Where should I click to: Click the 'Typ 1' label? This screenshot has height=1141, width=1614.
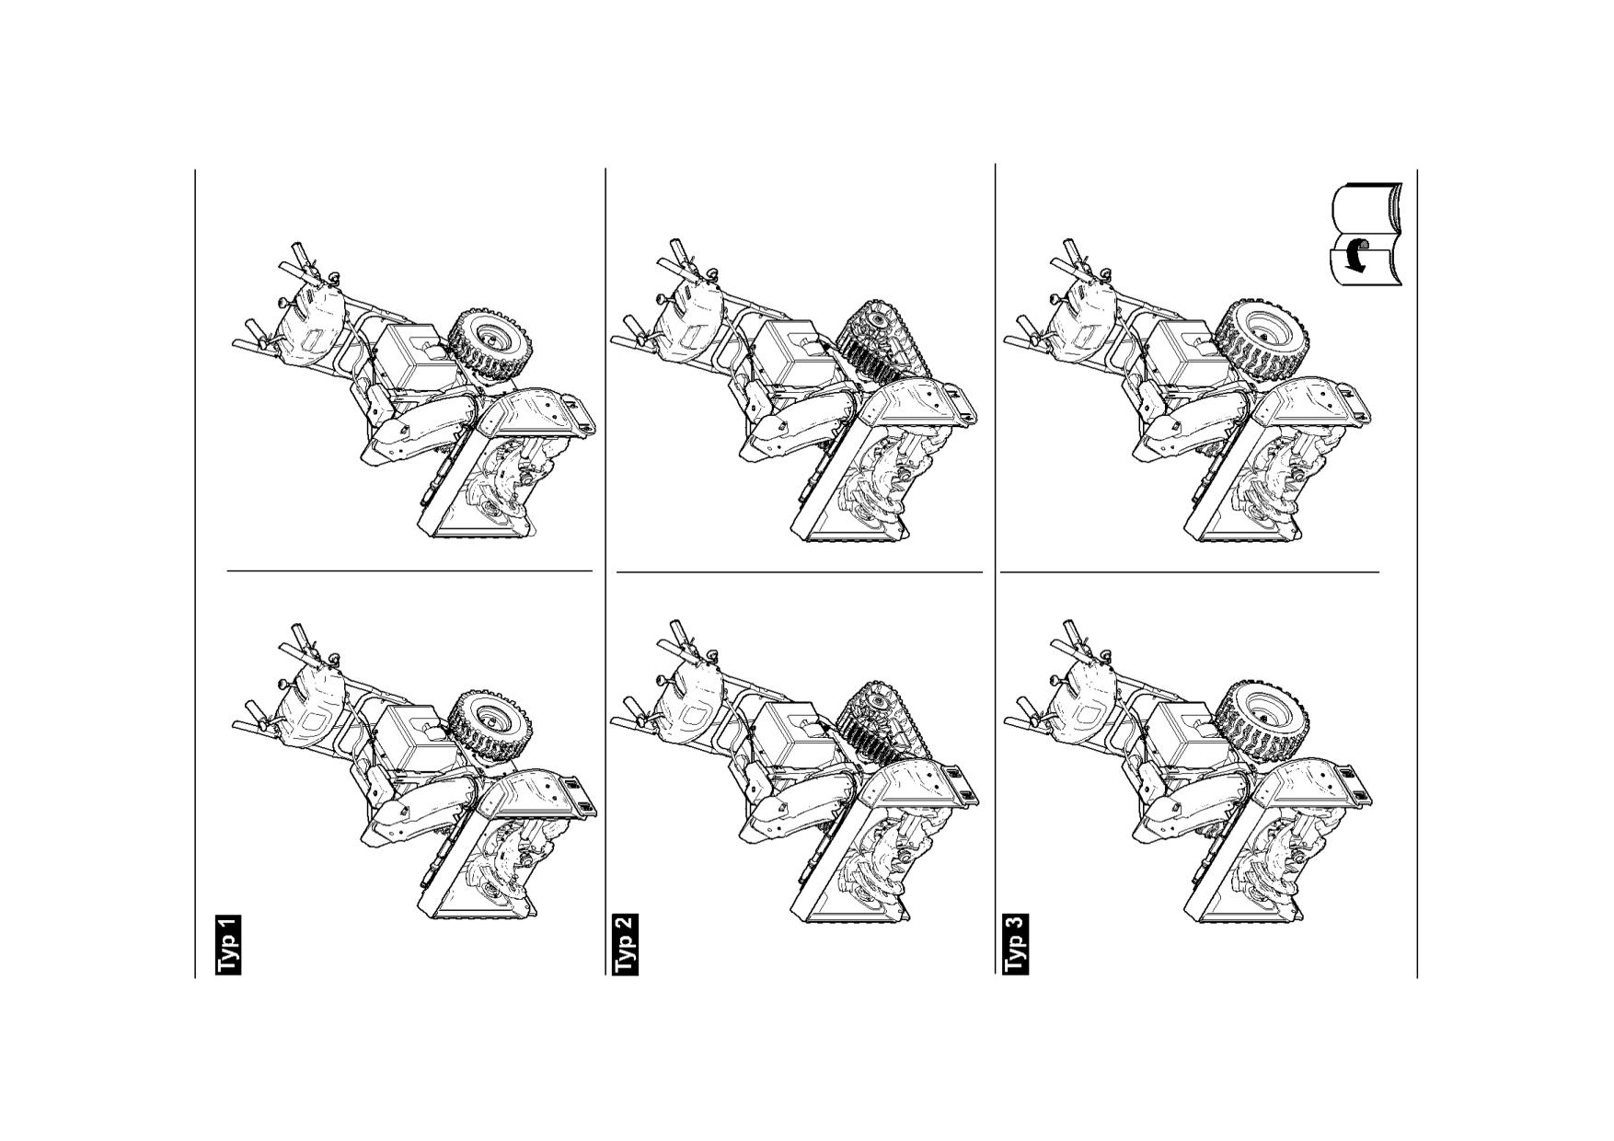tap(228, 944)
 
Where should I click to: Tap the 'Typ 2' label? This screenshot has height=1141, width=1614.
tap(626, 944)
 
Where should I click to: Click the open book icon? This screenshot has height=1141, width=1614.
tap(1366, 235)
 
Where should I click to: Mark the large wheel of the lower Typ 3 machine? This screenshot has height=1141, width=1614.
tap(1261, 722)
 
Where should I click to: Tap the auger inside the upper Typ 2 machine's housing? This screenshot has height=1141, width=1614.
tap(883, 478)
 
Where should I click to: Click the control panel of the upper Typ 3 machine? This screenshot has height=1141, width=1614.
tap(1086, 317)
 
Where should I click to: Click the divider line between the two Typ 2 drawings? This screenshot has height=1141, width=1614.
tap(800, 572)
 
